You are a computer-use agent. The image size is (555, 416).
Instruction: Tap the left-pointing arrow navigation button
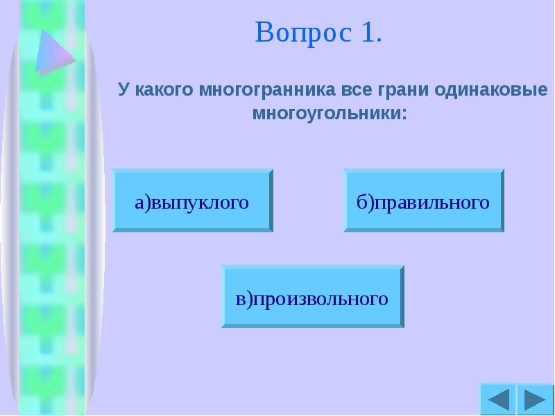[x=497, y=400]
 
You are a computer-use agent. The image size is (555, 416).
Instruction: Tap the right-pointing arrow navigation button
[x=535, y=400]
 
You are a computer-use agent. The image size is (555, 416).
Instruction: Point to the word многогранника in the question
[x=259, y=90]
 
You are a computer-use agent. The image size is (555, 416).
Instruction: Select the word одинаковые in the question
[x=492, y=90]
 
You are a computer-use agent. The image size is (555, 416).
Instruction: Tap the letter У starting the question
[x=123, y=90]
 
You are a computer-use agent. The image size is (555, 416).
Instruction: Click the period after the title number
[x=379, y=40]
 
